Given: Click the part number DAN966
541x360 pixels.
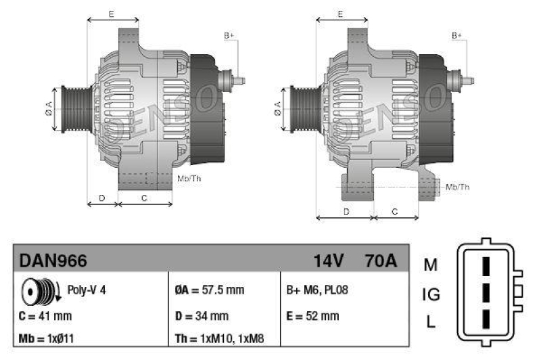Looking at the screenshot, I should coord(53,260).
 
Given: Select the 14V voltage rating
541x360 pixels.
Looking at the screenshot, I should coord(329,260).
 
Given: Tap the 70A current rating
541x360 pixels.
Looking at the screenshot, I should coord(381,260).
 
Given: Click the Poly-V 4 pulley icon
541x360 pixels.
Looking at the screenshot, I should coord(40,290).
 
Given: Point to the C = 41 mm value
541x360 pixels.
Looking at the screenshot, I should coord(45,316).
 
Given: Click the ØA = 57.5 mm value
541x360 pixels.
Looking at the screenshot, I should coord(209,290).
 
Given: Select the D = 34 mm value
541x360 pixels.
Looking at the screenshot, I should coord(202,316).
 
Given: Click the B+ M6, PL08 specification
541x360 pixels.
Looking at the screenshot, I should coord(317,290).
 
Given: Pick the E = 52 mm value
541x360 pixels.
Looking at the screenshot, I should coord(313,316).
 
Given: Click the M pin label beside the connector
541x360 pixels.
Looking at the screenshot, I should coord(431,265).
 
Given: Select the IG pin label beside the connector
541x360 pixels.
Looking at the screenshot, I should coord(431,294).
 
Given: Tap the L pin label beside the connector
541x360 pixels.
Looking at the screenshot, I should coord(431,323).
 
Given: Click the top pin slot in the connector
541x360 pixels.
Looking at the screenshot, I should coord(485,266).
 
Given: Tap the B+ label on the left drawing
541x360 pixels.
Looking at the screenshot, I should coord(229,35).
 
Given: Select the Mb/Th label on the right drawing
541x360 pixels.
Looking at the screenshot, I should coord(457,186).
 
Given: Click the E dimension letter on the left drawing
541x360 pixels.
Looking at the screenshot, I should coord(111,14).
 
